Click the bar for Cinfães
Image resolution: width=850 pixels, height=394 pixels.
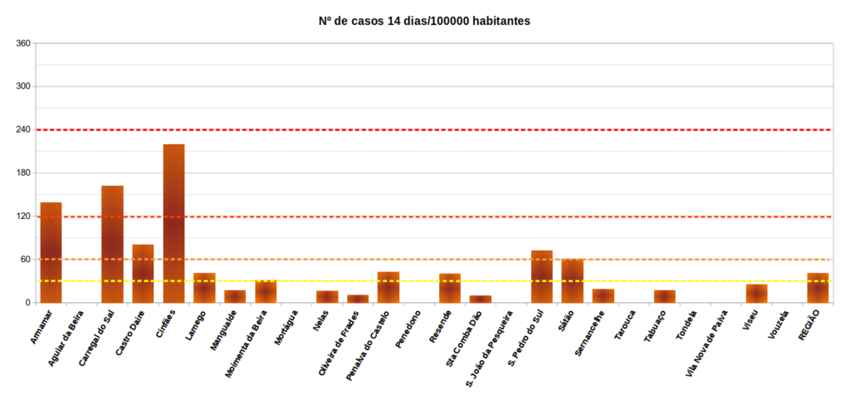(173, 224)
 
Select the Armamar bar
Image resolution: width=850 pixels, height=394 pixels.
(51, 253)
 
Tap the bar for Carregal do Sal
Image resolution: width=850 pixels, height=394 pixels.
(112, 245)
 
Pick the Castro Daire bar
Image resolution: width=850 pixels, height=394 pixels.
(143, 274)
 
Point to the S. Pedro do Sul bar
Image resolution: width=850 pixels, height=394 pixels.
(541, 277)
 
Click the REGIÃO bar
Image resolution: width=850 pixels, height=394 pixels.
(818, 288)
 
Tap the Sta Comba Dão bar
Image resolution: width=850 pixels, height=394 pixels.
(480, 299)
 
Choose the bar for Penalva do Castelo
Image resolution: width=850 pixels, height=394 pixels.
(388, 288)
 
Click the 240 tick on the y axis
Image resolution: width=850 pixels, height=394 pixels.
(22, 130)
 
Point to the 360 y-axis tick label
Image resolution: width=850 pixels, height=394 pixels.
(22, 43)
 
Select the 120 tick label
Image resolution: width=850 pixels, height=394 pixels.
(22, 216)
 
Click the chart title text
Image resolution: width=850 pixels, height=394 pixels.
(424, 21)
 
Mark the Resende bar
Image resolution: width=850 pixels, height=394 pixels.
(449, 288)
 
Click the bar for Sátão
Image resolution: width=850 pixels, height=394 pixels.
(572, 281)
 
